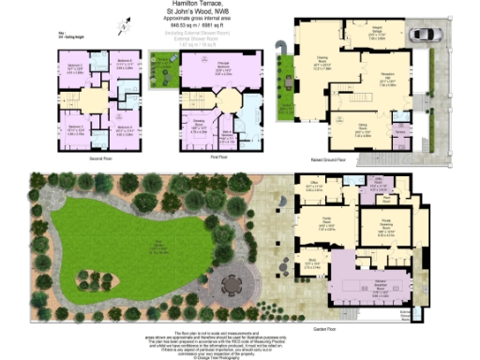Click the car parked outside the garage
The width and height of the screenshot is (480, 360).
423,35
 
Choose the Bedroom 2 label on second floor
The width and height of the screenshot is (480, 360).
125,66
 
